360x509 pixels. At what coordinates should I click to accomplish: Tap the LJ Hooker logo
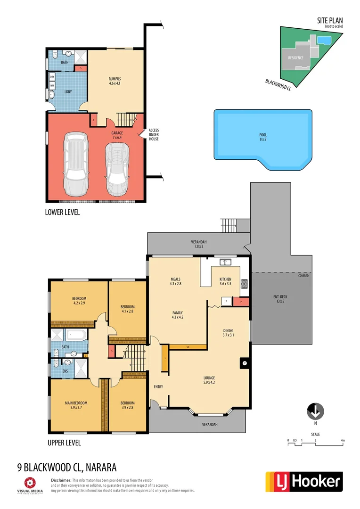(304, 481)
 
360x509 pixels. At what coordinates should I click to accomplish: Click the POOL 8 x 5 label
(263, 137)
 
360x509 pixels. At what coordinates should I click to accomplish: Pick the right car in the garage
(116, 168)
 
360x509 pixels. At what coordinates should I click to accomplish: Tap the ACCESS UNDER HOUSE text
(154, 134)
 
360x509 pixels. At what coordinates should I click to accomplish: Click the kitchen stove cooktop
(244, 284)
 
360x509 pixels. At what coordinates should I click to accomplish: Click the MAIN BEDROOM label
(76, 405)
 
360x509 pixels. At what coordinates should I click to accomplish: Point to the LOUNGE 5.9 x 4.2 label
(209, 380)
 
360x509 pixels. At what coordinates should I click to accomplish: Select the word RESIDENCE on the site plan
(295, 58)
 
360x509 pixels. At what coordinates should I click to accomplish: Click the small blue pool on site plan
(323, 41)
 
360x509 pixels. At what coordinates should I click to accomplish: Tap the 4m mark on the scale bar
(343, 441)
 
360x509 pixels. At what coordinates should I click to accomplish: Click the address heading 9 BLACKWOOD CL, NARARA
(66, 468)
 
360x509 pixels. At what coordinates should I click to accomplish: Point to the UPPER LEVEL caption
(64, 443)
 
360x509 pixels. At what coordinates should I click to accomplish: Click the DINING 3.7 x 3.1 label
(228, 333)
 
